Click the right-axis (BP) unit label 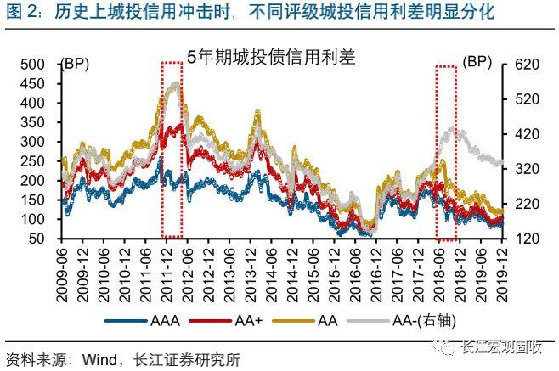tap(480, 62)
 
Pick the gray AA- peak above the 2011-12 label tap(175, 84)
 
